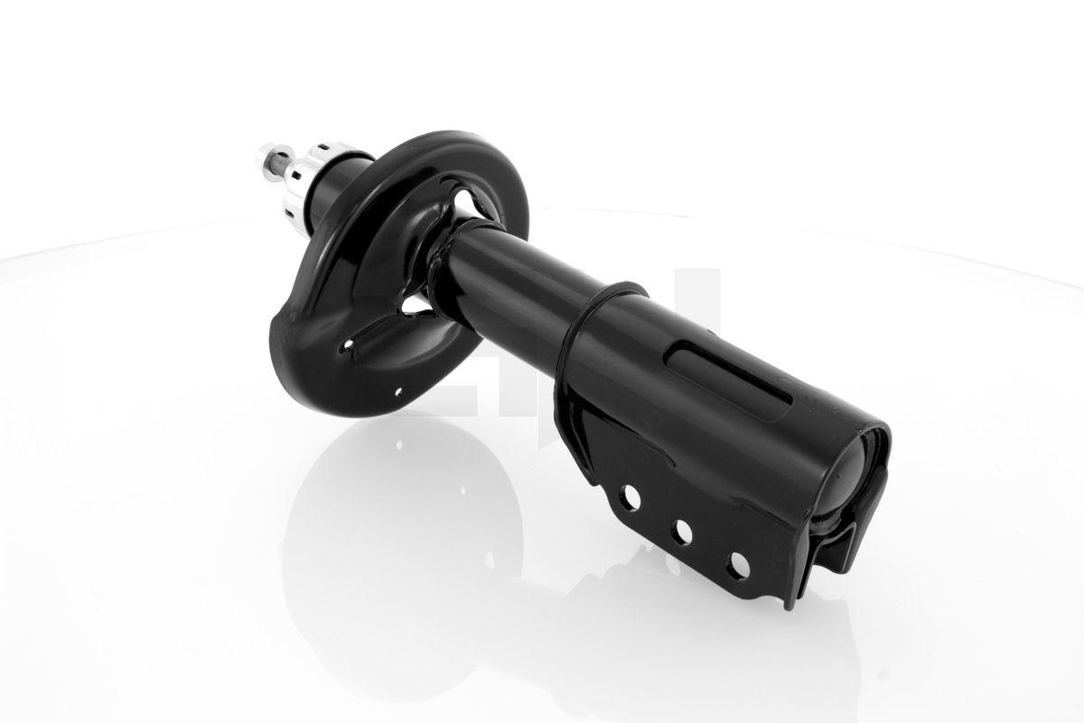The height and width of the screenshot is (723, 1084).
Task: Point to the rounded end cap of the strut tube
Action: pos(862,471)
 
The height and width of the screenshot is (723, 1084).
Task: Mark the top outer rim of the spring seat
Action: pos(452,145)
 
